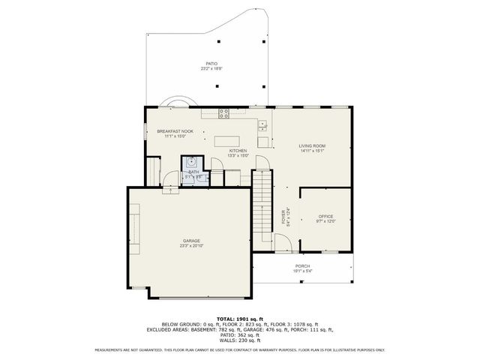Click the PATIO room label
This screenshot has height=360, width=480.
pos(211,64)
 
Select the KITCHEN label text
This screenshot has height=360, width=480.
pos(238,151)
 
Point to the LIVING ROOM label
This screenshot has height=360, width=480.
pos(312,145)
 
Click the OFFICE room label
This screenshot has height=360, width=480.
pos(325,216)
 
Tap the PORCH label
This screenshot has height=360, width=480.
pos(302,266)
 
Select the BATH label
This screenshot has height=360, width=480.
pos(193,172)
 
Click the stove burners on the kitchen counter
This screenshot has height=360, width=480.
pos(223,113)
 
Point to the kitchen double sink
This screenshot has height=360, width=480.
pos(263,124)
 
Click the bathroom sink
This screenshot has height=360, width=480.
pos(192,160)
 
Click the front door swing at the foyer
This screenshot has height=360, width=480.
pos(282,242)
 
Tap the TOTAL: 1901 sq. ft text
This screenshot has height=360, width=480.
pos(239,318)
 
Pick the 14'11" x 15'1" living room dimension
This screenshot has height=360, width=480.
pos(312,151)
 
